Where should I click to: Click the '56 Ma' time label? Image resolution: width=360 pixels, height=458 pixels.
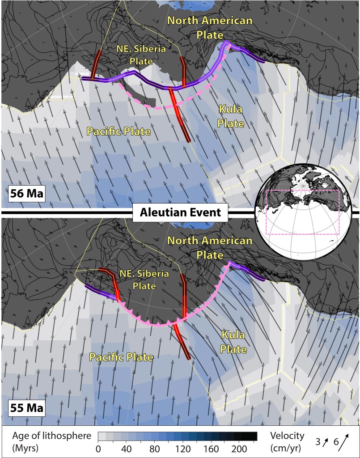point(25,195)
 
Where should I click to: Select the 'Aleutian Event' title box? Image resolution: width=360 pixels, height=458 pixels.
point(180,212)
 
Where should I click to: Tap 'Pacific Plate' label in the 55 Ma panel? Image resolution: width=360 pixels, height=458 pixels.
point(121,357)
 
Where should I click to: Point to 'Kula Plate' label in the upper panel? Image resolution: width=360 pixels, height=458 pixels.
point(231,116)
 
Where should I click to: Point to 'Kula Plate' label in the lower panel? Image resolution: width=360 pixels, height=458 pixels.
point(234,343)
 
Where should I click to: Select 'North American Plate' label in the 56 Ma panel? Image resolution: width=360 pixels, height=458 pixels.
point(210,28)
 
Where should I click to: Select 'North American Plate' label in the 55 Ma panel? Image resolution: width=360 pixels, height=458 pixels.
point(210,248)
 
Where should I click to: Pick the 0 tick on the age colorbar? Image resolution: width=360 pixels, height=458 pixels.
point(98,448)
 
